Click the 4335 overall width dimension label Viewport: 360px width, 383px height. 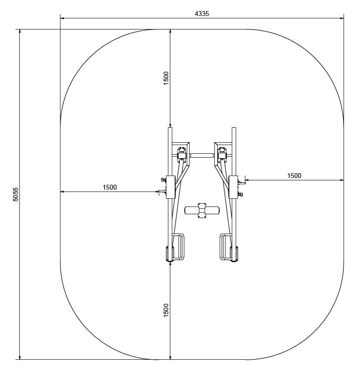(202, 14)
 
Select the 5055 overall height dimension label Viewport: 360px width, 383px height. (15, 194)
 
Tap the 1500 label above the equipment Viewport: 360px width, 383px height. (166, 78)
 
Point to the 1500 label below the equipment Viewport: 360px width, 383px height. (166, 310)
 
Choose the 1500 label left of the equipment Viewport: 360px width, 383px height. (110, 187)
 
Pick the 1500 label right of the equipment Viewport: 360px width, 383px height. (294, 176)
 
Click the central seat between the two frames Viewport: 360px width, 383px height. (202, 210)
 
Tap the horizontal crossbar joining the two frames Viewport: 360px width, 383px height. (202, 155)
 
